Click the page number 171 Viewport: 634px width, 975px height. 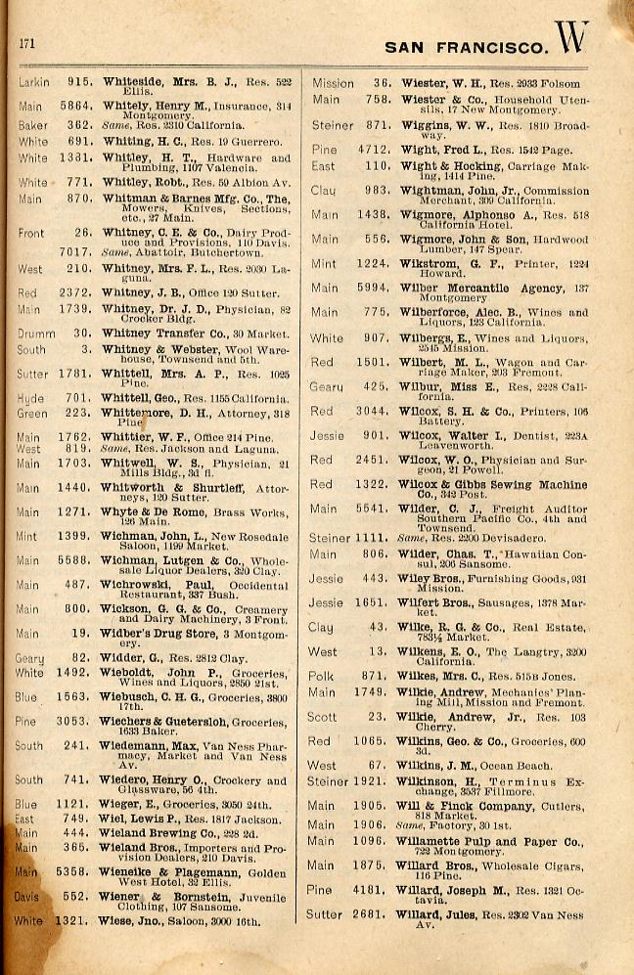pos(26,43)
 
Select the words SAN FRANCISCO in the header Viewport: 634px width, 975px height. pos(466,46)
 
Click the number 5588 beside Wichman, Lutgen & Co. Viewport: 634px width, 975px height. pos(77,560)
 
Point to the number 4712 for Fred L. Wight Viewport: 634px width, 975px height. pos(372,150)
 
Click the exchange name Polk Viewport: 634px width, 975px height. pos(322,676)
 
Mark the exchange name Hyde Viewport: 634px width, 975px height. pos(30,399)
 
